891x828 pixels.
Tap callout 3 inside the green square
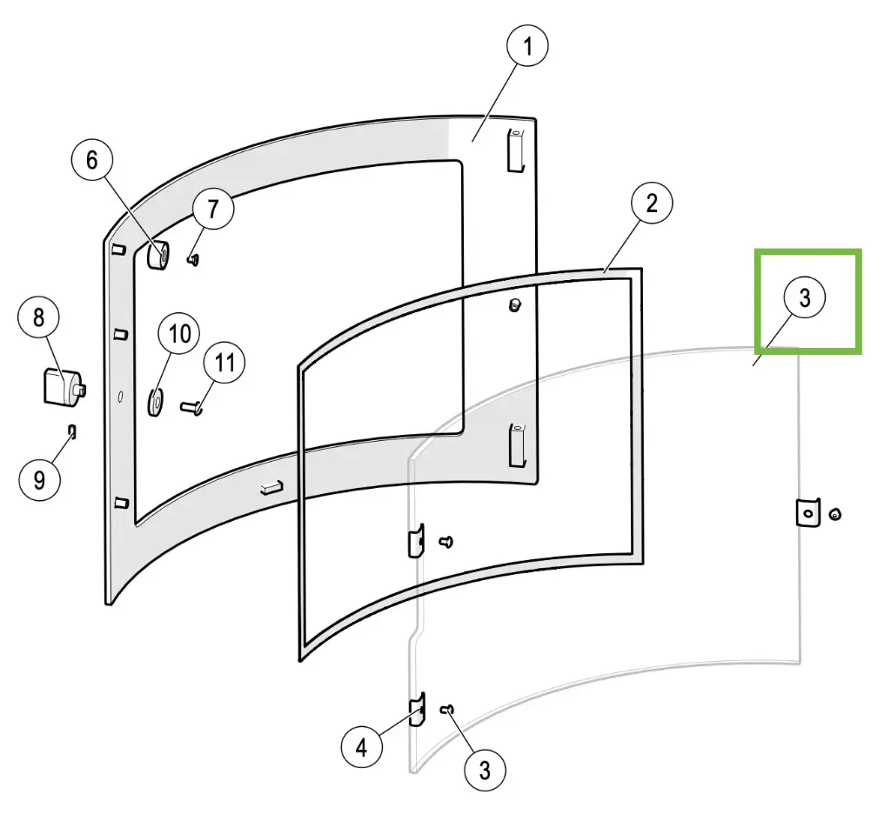tap(805, 297)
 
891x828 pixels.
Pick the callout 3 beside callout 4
tap(485, 769)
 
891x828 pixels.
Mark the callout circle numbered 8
tap(39, 318)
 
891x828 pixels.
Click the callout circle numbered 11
tap(225, 363)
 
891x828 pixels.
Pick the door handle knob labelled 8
tap(61, 386)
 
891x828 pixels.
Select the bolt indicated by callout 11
tap(193, 405)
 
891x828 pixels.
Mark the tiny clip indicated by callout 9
tap(74, 431)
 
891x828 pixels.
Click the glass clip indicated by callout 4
tap(417, 711)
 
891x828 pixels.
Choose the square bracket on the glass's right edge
tap(808, 513)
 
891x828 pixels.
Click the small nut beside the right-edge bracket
tap(835, 515)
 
